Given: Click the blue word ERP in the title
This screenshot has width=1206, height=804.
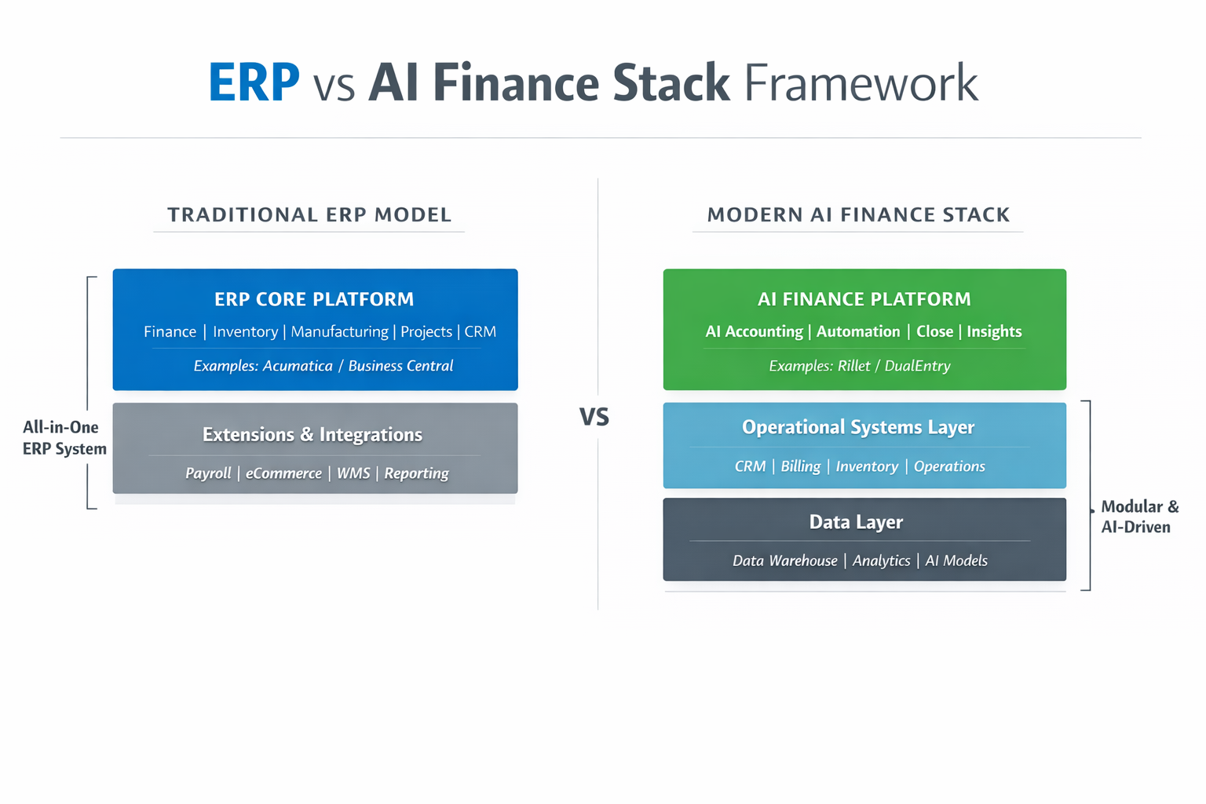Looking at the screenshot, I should (x=254, y=82).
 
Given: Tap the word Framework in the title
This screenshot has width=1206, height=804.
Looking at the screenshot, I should (x=861, y=82).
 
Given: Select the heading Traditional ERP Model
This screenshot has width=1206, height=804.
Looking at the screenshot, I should (x=309, y=215).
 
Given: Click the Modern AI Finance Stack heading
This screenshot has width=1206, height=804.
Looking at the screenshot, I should (x=858, y=215).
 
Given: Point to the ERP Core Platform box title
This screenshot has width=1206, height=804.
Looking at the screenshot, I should (x=314, y=299).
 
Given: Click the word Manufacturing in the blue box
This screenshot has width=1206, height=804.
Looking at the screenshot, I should (x=339, y=332).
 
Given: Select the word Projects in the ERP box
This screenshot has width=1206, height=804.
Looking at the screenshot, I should (x=426, y=332).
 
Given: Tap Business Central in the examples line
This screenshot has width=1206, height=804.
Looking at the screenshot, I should (x=400, y=366).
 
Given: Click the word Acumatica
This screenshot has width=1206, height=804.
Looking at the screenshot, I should (x=298, y=366).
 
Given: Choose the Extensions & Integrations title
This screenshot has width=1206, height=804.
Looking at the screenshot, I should (x=312, y=435).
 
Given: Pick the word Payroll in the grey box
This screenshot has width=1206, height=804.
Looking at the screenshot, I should (x=208, y=473).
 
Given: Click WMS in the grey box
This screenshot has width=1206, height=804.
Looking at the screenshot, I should (x=353, y=473).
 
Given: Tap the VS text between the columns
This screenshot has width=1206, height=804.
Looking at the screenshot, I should (x=594, y=417).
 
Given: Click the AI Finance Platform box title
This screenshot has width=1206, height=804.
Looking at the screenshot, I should (x=864, y=299).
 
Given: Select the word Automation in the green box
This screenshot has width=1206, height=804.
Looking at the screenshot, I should (x=858, y=332).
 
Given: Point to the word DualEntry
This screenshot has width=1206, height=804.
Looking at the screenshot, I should (x=917, y=366).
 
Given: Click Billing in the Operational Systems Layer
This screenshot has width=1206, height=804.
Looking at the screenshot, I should (x=801, y=466).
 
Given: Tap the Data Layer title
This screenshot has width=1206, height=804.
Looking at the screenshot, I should (x=856, y=522).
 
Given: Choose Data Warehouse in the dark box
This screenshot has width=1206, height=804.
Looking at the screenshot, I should (x=785, y=561).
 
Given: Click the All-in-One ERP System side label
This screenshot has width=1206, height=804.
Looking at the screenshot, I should (x=64, y=438).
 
